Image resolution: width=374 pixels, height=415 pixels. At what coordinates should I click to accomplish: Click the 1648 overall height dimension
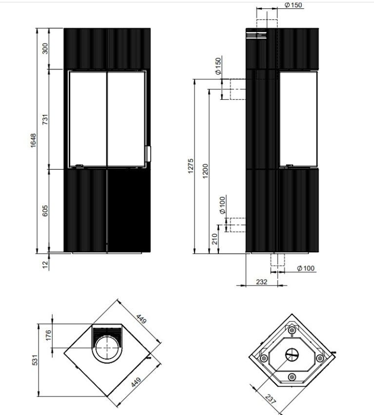click(x=33, y=141)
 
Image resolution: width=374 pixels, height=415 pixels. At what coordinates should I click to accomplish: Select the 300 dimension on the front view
click(x=45, y=48)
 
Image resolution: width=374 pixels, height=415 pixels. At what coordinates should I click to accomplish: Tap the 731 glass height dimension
click(x=45, y=119)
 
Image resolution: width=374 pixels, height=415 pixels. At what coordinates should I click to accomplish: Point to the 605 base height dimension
click(x=45, y=211)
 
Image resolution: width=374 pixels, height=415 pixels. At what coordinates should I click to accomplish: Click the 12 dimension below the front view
click(x=45, y=264)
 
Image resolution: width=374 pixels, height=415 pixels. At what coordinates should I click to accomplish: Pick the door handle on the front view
click(x=148, y=154)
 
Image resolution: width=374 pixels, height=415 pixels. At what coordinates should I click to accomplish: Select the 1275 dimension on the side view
click(x=191, y=166)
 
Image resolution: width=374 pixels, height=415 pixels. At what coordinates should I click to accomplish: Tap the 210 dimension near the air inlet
click(x=215, y=239)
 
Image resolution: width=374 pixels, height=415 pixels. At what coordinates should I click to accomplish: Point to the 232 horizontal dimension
click(x=261, y=282)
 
